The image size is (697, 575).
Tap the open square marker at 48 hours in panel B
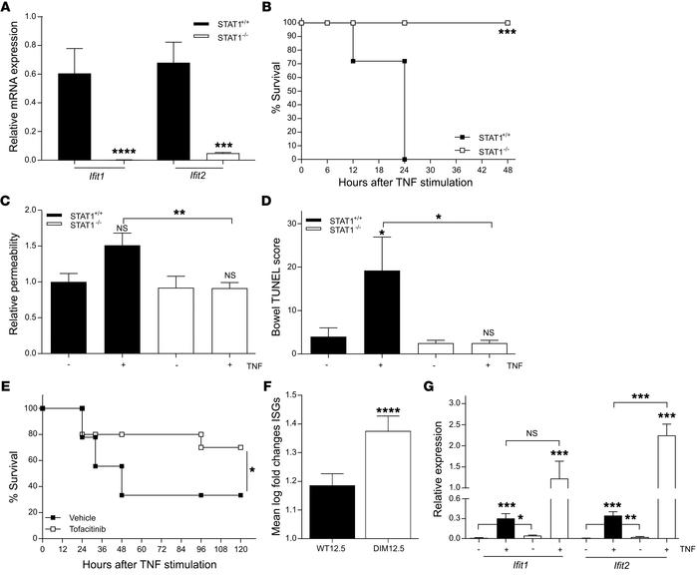click(x=508, y=22)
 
